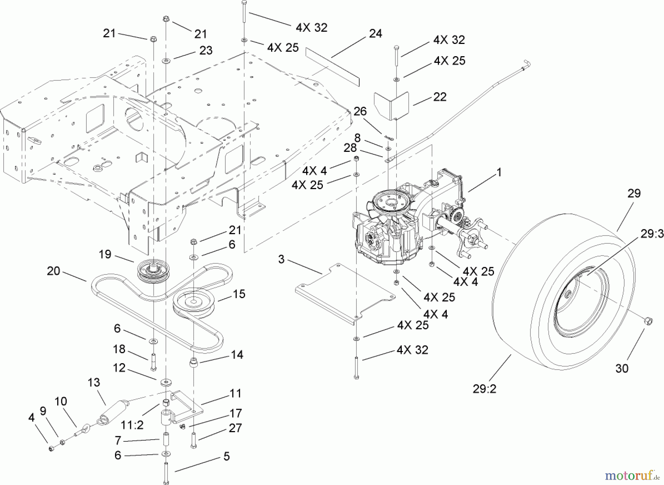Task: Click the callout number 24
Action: pos(376,34)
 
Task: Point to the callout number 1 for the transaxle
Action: pos(499,173)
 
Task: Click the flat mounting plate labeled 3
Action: pos(345,292)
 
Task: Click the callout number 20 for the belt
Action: pos(53,271)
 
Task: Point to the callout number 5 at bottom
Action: pos(226,456)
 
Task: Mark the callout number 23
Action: pos(206,50)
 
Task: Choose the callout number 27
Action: pos(235,428)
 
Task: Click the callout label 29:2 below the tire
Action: pos(484,389)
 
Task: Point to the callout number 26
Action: pos(360,111)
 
